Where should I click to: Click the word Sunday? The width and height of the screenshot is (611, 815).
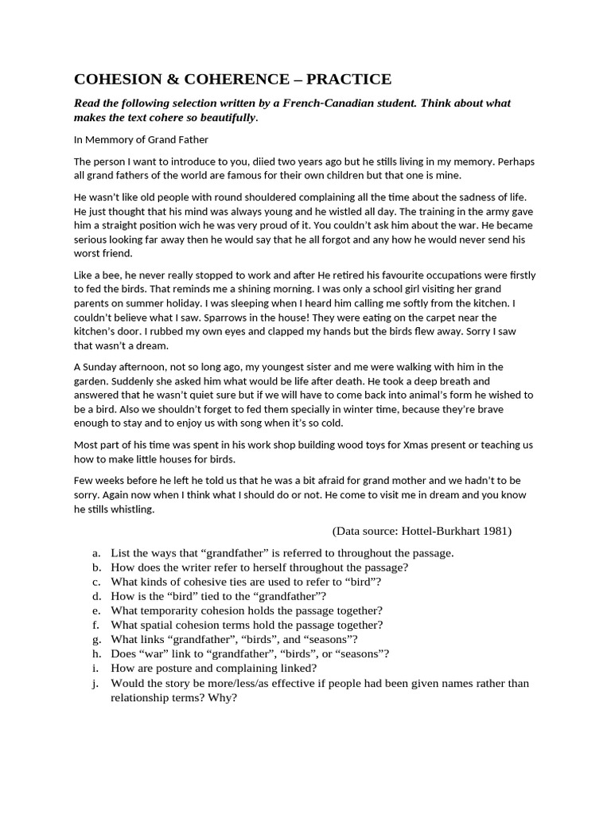(x=101, y=367)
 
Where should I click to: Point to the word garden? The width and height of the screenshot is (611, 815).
(x=91, y=380)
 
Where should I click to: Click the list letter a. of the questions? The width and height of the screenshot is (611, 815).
(x=96, y=553)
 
